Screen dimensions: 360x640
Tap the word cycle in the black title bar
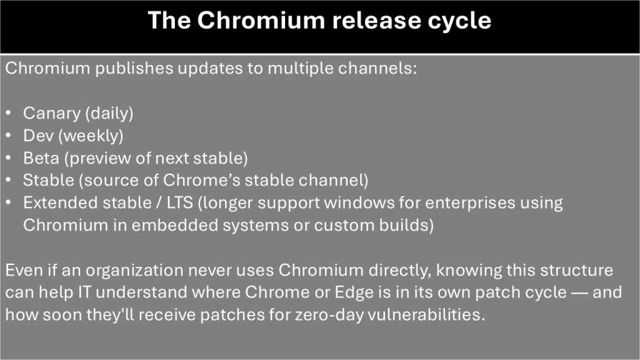(x=459, y=21)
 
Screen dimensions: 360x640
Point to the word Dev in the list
(x=37, y=136)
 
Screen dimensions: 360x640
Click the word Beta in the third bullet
(x=39, y=158)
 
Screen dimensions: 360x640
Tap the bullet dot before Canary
(x=8, y=114)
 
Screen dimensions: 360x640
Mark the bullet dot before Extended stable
(x=8, y=203)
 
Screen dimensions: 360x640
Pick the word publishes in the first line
(x=129, y=68)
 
